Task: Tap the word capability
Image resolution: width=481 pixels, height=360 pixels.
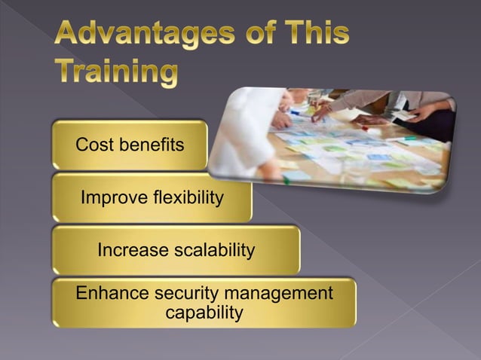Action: coord(204,312)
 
